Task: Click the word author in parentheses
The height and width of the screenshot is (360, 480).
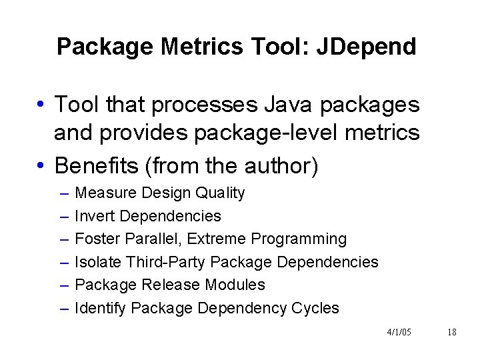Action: [281, 164]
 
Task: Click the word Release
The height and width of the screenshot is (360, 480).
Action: [167, 285]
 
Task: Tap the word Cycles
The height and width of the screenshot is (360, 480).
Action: [315, 308]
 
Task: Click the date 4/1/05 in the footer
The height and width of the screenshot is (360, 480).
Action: [399, 331]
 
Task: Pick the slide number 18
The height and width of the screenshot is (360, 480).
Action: [452, 331]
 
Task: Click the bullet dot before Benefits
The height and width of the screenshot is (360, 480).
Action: [41, 165]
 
